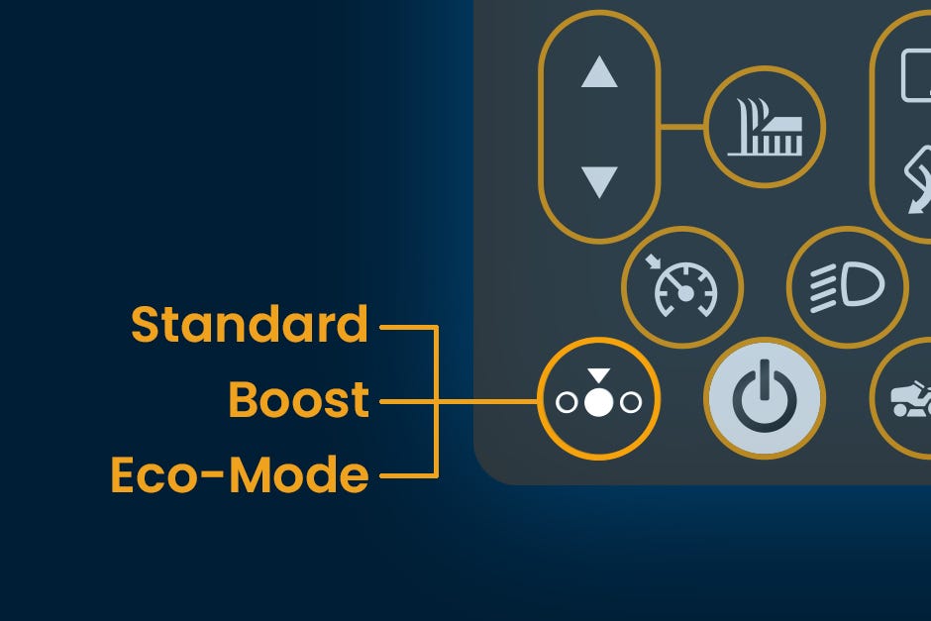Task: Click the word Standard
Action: (249, 326)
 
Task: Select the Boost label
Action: (298, 400)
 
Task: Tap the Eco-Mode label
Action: (239, 475)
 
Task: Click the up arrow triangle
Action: (599, 73)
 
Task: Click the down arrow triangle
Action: (599, 181)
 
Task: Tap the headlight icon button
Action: (847, 287)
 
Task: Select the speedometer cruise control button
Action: (682, 287)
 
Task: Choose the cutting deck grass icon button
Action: (765, 129)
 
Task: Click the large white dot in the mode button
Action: (598, 403)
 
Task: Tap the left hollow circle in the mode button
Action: (567, 403)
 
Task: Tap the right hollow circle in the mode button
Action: (630, 403)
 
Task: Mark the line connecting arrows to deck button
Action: (682, 128)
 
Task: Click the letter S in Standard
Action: (147, 326)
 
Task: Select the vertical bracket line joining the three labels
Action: (436, 400)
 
